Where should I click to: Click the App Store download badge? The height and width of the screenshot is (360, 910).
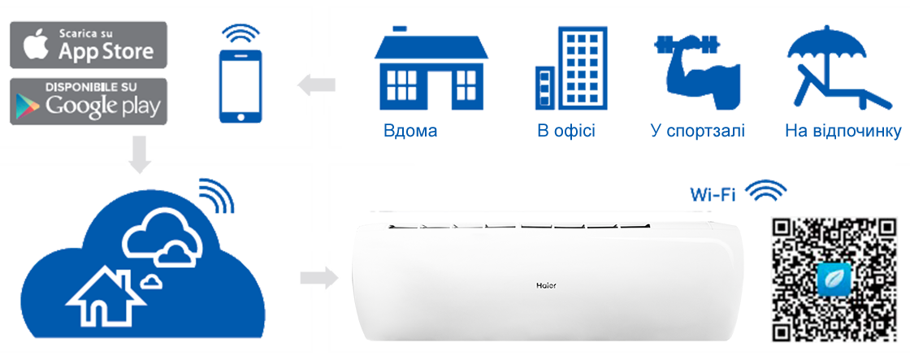click(89, 46)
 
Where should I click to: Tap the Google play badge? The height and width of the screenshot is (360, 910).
click(89, 101)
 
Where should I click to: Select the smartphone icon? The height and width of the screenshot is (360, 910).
click(240, 86)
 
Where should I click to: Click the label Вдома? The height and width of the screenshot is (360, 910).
click(410, 131)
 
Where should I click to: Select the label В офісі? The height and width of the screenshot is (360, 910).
click(566, 131)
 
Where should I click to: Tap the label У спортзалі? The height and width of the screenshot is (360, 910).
click(698, 131)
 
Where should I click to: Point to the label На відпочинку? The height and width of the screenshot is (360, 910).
click(843, 131)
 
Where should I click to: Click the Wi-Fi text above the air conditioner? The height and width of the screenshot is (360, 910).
click(713, 194)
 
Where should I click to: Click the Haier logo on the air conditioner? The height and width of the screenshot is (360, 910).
click(545, 285)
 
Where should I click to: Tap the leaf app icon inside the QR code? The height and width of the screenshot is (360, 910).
click(834, 279)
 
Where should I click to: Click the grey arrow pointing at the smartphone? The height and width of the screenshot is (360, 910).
click(316, 85)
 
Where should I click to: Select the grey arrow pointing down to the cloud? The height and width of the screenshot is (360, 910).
click(140, 154)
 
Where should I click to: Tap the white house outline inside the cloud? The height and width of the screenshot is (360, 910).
click(105, 297)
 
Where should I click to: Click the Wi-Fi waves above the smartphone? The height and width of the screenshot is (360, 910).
click(240, 33)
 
